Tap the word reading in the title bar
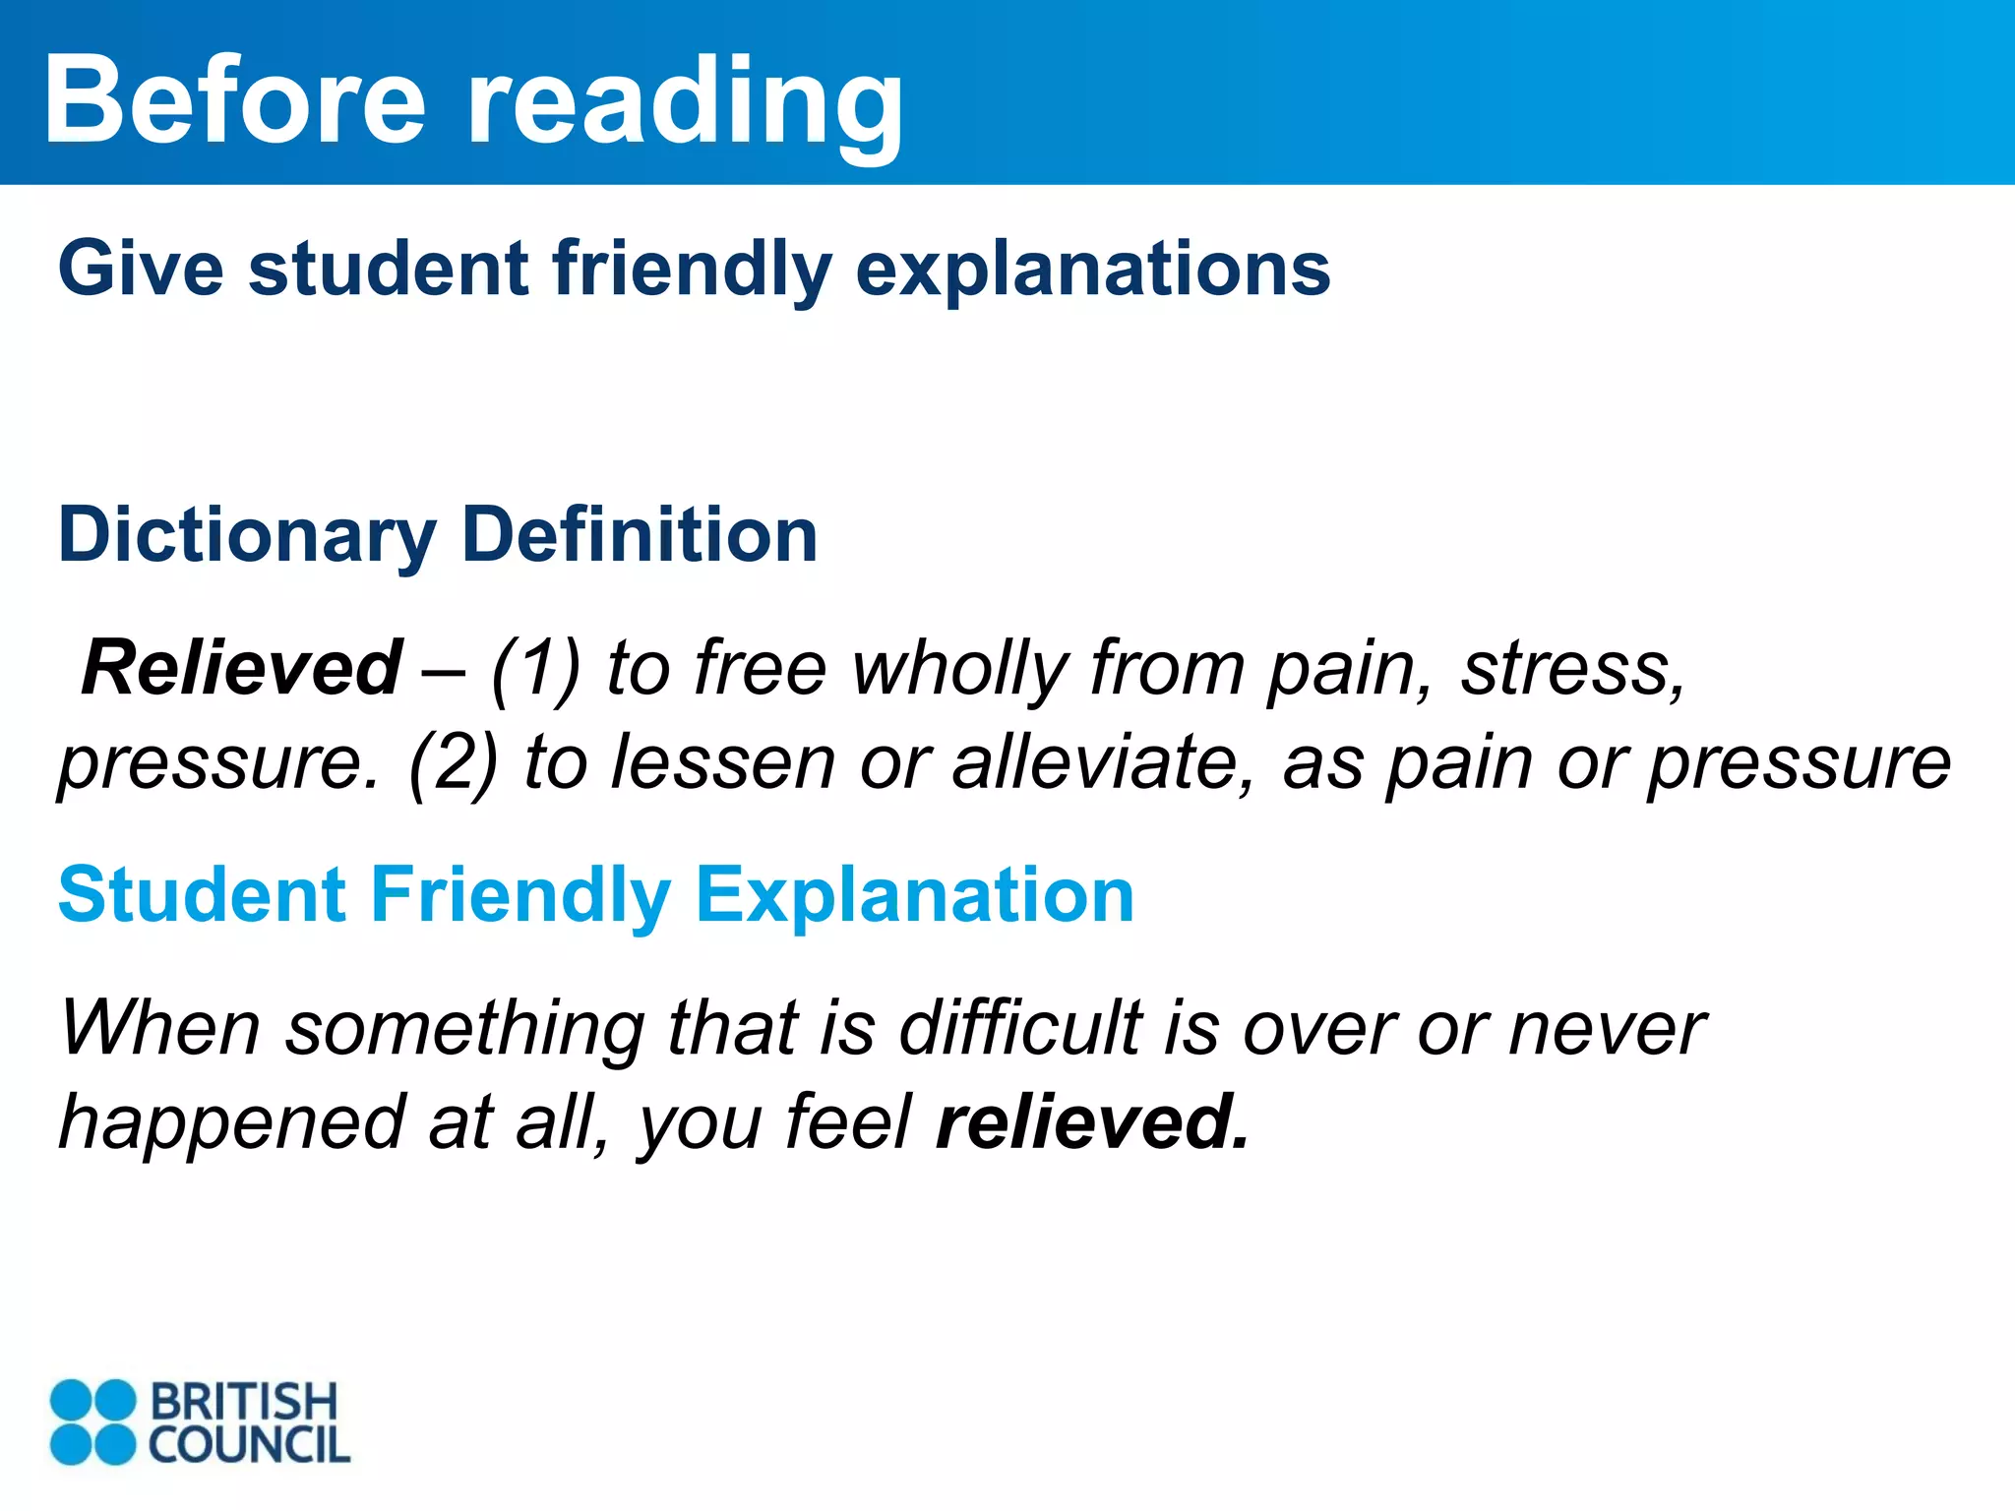pyautogui.click(x=684, y=104)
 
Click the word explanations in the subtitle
pyautogui.click(x=1092, y=271)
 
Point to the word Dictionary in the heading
pyautogui.click(x=246, y=536)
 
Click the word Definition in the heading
pyautogui.click(x=640, y=534)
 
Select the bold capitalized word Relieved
pyautogui.click(x=242, y=668)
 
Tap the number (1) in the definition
pyautogui.click(x=536, y=669)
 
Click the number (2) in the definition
pyautogui.click(x=454, y=762)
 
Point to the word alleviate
pyautogui.click(x=1102, y=762)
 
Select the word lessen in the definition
pyautogui.click(x=723, y=762)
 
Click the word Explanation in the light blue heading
pyautogui.click(x=915, y=896)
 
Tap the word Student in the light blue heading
pyautogui.click(x=202, y=894)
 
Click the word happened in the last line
pyautogui.click(x=232, y=1123)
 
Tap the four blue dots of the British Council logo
pyautogui.click(x=92, y=1421)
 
